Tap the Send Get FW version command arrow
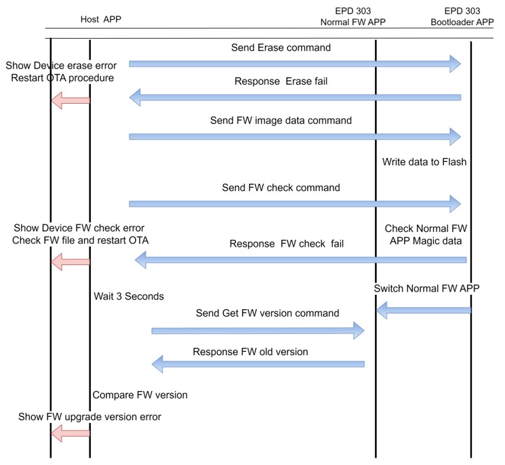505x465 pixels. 258,330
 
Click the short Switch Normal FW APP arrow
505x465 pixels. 424,310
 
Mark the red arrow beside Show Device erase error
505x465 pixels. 70,100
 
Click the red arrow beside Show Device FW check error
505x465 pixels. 70,259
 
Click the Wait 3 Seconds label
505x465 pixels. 129,296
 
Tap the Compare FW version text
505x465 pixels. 140,395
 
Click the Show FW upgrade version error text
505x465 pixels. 89,416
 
